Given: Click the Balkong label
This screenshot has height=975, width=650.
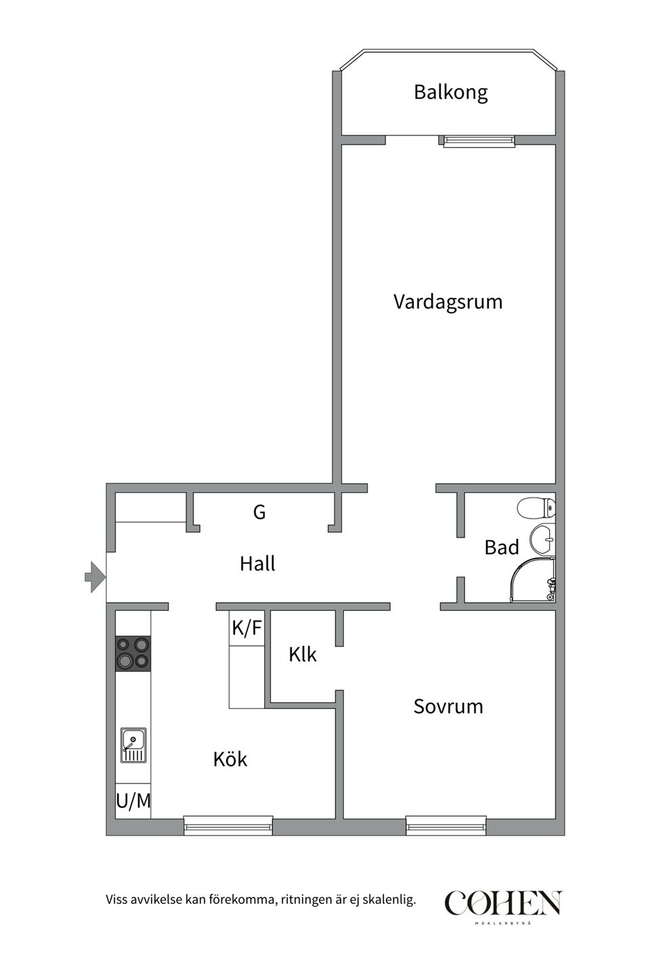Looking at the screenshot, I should pyautogui.click(x=450, y=92).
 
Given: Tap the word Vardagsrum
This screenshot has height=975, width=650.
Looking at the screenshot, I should pyautogui.click(x=448, y=302).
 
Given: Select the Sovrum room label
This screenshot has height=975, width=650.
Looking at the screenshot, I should pyautogui.click(x=448, y=707).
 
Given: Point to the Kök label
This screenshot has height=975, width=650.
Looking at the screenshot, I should pyautogui.click(x=230, y=760).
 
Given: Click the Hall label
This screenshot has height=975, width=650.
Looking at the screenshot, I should pyautogui.click(x=257, y=564).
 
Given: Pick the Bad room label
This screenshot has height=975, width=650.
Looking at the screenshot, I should pyautogui.click(x=502, y=548).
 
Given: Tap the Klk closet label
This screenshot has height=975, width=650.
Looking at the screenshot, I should pyautogui.click(x=303, y=655).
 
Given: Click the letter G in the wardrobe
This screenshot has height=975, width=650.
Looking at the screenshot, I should pyautogui.click(x=259, y=513).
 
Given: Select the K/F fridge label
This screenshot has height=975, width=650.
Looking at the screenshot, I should pyautogui.click(x=246, y=628).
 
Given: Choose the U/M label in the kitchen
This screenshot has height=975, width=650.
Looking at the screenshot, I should pyautogui.click(x=133, y=802).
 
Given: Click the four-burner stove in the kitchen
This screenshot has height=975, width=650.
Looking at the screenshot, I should pyautogui.click(x=133, y=653).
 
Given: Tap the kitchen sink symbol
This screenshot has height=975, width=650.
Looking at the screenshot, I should pyautogui.click(x=133, y=745).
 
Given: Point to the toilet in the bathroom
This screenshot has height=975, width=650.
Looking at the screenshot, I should pyautogui.click(x=537, y=507).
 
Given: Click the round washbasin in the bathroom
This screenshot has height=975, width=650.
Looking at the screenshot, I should pyautogui.click(x=542, y=540).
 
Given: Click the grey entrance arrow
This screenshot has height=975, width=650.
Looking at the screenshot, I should pyautogui.click(x=95, y=577).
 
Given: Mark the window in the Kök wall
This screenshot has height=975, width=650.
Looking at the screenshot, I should pyautogui.click(x=228, y=825).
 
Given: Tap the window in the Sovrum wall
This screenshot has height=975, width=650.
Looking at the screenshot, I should pyautogui.click(x=446, y=825).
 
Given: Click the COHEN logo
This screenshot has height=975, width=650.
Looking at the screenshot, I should pyautogui.click(x=503, y=903).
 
